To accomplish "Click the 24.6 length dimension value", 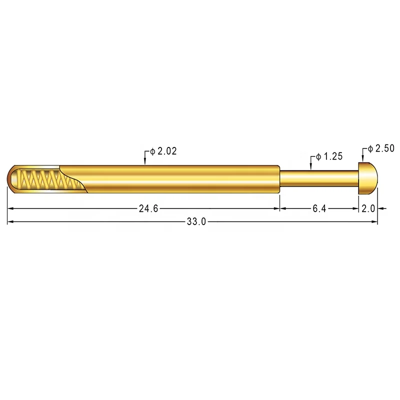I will coord(148,209).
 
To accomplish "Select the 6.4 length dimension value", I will coord(319,209).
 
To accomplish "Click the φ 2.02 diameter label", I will coord(163,151).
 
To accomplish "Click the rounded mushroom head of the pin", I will coord(368,178).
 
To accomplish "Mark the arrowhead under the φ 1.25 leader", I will coord(311,167).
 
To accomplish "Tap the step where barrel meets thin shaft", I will coord(279,178).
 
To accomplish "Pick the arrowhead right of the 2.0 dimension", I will coord(380,209).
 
